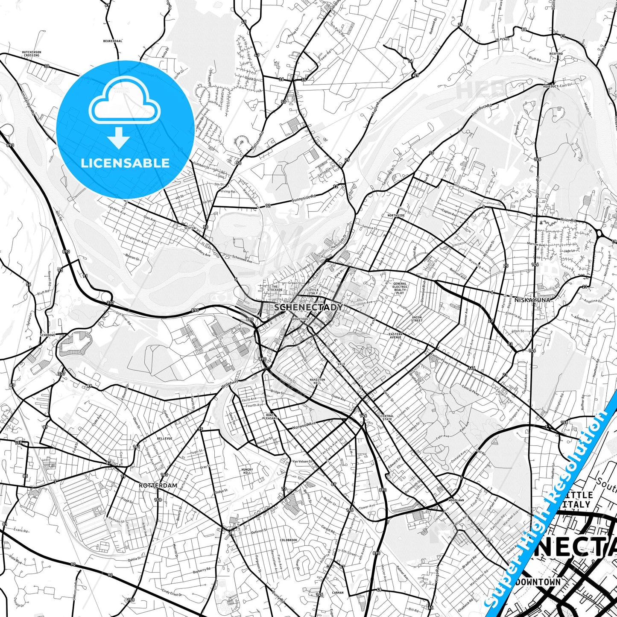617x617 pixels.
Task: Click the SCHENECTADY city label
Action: coord(308,307)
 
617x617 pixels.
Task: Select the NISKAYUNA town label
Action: coord(532,300)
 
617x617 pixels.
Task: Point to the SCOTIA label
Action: coord(190,228)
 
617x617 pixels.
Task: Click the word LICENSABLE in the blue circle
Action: coord(125,163)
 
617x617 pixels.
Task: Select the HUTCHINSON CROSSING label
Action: coord(32,54)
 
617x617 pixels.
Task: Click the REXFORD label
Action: coord(556,54)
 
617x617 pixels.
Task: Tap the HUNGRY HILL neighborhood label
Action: coord(247,471)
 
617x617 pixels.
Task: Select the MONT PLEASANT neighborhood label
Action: coord(272,416)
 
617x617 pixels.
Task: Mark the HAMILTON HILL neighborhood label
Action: coord(317,381)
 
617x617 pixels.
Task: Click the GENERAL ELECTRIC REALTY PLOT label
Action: coord(400,288)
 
